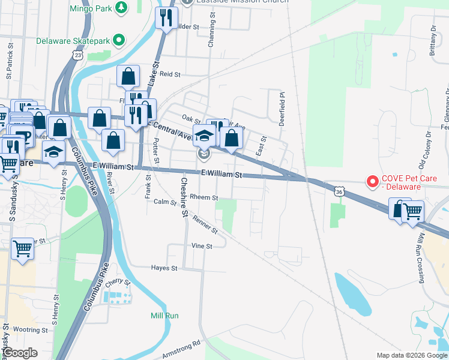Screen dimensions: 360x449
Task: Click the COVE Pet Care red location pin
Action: (372, 180)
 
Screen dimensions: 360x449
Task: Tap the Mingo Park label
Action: (91, 8)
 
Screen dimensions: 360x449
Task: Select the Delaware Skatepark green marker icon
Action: (119, 41)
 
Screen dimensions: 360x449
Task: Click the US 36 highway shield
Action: (339, 191)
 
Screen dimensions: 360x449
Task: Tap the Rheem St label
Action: (203, 197)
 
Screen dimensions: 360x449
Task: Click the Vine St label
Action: (202, 246)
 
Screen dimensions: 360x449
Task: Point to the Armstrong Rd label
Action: (180, 350)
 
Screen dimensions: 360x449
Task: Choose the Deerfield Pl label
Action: (281, 107)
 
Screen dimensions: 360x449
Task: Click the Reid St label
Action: (170, 74)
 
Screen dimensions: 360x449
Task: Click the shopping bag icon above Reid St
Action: (128, 76)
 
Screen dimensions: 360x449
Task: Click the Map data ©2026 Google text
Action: (411, 355)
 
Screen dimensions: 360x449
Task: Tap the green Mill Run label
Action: (164, 316)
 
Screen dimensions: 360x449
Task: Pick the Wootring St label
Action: (30, 330)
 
